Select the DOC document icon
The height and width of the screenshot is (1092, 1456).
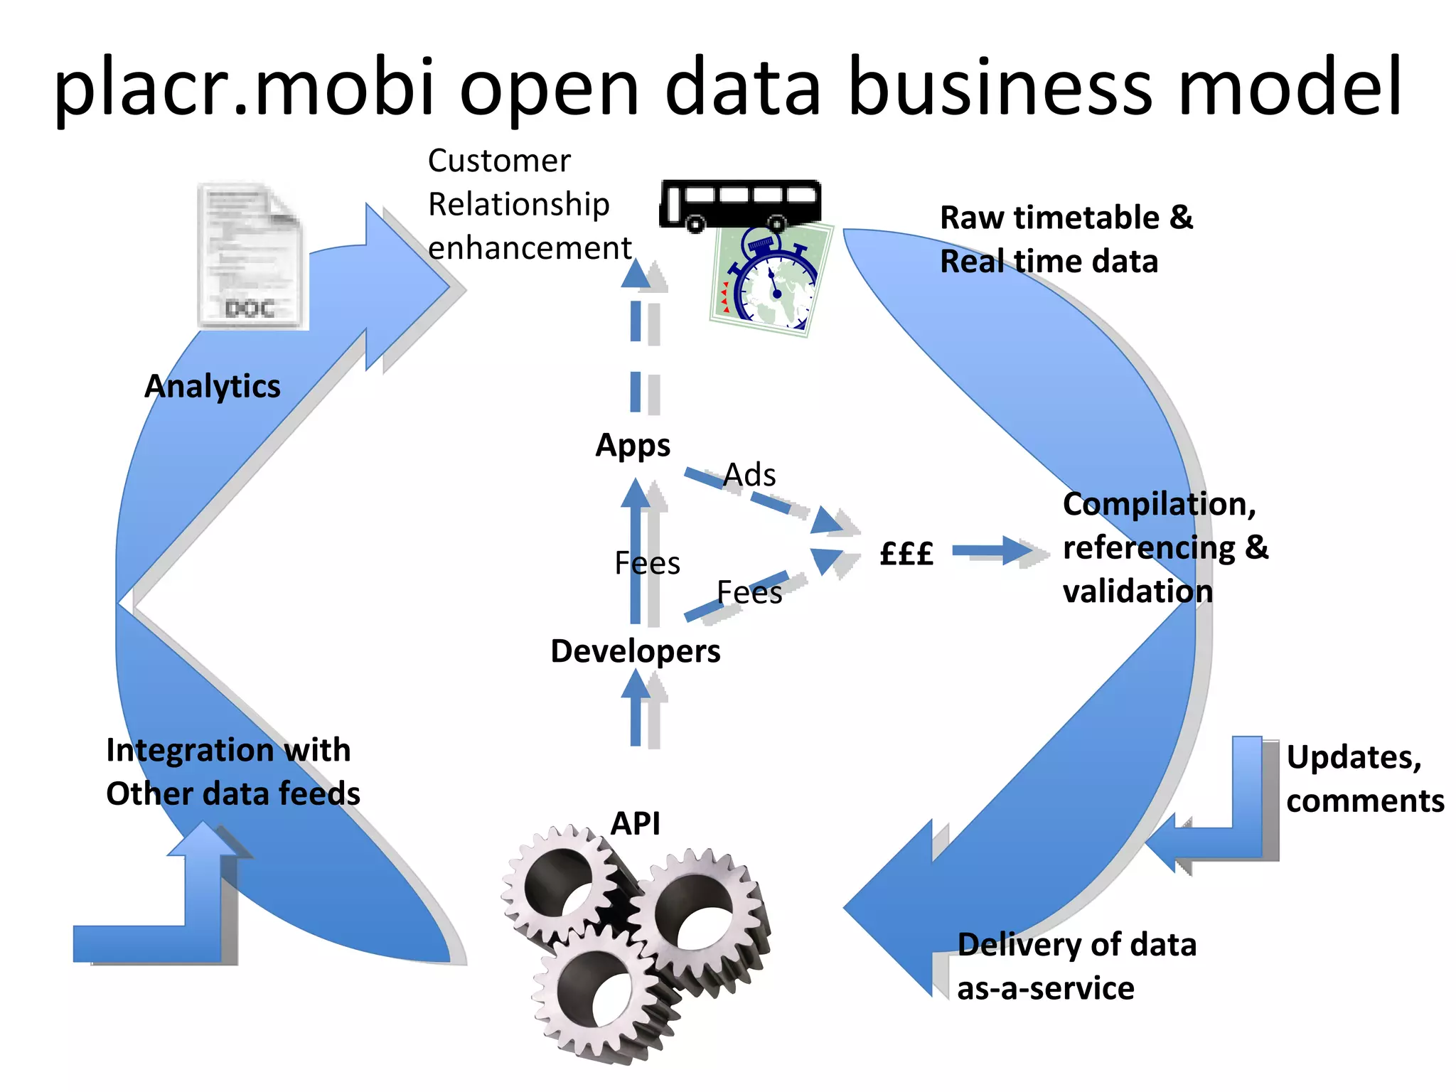(x=250, y=256)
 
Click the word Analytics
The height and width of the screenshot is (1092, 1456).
(x=212, y=386)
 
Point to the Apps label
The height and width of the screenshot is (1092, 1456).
(x=633, y=446)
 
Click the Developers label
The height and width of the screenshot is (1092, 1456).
(x=635, y=651)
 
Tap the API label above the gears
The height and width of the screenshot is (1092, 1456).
(x=636, y=823)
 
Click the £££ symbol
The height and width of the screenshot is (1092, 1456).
(x=906, y=552)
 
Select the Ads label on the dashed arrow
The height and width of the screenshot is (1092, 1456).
(x=749, y=475)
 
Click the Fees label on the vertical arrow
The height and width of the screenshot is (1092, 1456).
(x=646, y=563)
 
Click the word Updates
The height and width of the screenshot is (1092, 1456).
(x=1353, y=757)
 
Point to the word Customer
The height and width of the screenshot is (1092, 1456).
(x=499, y=161)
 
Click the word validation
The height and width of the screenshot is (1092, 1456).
(x=1137, y=591)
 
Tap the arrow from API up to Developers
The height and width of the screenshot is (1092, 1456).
(x=636, y=711)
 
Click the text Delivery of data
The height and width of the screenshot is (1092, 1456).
(x=1076, y=945)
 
